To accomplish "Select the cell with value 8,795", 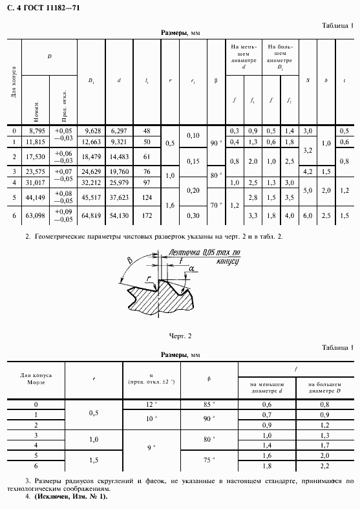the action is (x=38, y=131).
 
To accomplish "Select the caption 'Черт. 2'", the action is (x=180, y=336).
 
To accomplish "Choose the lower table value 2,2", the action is (x=325, y=466).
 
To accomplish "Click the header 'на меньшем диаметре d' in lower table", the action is (x=267, y=387).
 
